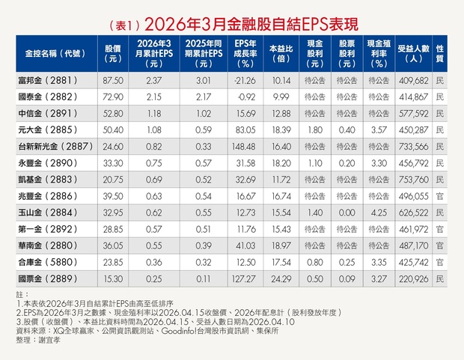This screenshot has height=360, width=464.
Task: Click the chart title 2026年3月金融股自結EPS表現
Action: point(251,24)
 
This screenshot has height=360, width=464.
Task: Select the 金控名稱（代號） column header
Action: point(55,54)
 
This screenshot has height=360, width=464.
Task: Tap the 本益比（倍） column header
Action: point(281,54)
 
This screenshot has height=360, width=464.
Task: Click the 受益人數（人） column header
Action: point(413,54)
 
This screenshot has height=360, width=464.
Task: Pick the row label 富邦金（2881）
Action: point(48,80)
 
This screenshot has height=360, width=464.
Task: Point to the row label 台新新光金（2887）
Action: point(55,146)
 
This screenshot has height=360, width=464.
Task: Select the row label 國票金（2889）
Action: point(48,278)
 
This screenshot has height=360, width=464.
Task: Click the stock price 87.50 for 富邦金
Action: point(113,81)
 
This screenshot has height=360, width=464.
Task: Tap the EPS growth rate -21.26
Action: point(245,81)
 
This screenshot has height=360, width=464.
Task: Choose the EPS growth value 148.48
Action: point(244,147)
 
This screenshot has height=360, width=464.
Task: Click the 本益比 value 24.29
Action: point(281,279)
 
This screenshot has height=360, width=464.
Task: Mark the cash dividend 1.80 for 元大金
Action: point(315,130)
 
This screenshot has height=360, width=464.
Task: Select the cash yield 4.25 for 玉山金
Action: point(379,213)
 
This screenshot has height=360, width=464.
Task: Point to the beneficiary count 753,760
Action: point(413,180)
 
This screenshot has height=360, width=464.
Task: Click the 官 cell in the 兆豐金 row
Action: point(440,196)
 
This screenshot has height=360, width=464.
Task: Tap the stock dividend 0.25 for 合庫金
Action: point(347,262)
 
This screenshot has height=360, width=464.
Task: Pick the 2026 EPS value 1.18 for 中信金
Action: point(154,113)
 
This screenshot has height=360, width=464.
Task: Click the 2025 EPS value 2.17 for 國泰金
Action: point(204,97)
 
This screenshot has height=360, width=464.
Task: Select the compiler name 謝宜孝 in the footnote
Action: point(49,340)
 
